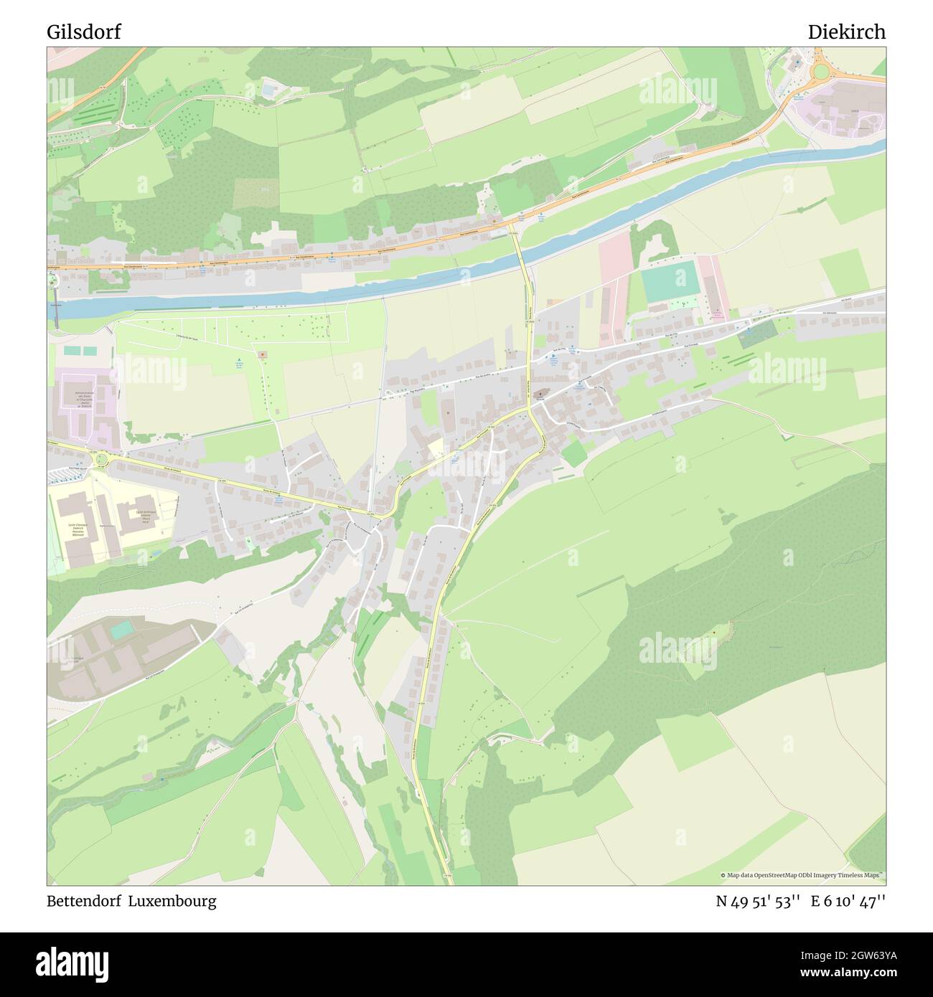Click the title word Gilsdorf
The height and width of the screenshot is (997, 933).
pyautogui.click(x=84, y=32)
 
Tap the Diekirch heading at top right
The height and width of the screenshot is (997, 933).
pyautogui.click(x=846, y=32)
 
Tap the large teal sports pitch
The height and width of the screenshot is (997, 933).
pyautogui.click(x=670, y=282)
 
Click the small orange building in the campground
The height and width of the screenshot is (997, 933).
pyautogui.click(x=263, y=354)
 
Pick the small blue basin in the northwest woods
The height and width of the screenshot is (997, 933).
pyautogui.click(x=269, y=90)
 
